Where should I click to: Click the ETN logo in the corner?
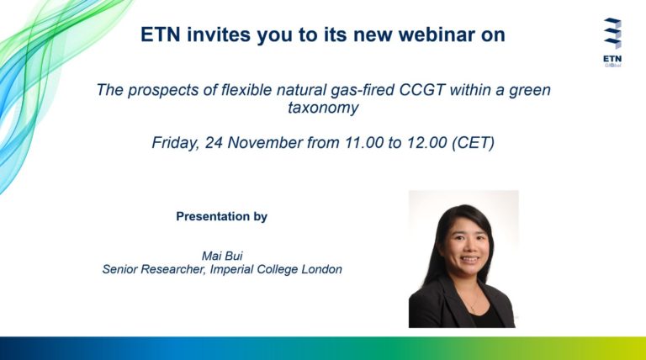(x=612, y=42)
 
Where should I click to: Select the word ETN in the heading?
(x=160, y=34)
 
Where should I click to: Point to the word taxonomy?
(x=323, y=108)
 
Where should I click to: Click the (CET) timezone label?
(x=473, y=143)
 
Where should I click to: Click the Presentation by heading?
(x=222, y=217)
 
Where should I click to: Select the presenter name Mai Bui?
(x=222, y=256)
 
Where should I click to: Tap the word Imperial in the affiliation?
(x=231, y=269)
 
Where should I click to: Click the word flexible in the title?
(x=246, y=90)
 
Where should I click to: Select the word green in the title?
(x=530, y=91)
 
